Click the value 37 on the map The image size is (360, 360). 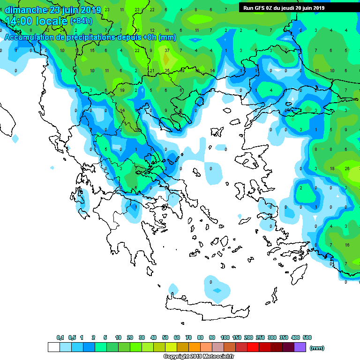(167, 50)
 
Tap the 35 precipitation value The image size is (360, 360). (167, 70)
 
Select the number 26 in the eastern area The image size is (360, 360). (347, 168)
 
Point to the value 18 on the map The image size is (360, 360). (332, 168)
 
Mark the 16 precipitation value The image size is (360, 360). (347, 245)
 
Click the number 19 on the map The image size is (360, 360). (122, 90)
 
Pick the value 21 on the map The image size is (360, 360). (152, 70)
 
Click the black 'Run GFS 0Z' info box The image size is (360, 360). (285, 7)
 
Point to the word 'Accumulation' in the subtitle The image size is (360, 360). (27, 37)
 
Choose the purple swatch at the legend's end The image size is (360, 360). (300, 347)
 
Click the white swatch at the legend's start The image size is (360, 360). (54, 347)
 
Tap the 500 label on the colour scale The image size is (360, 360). (307, 337)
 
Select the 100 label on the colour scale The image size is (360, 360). (225, 337)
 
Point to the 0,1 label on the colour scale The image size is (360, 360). (60, 337)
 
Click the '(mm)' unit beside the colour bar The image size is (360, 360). (317, 348)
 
